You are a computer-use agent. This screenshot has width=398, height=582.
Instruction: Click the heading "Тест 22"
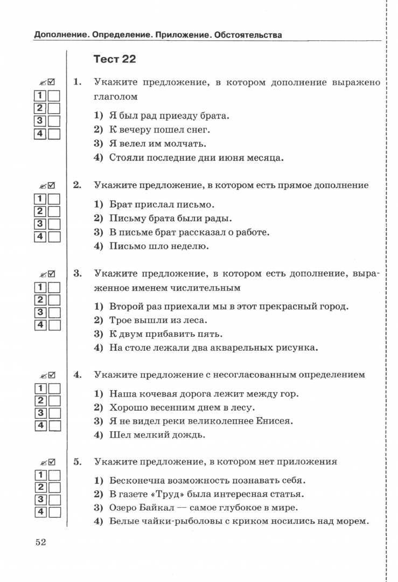115,59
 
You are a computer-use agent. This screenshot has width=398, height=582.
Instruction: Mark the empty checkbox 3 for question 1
54,121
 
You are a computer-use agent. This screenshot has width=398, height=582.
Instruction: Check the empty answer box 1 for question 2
54,199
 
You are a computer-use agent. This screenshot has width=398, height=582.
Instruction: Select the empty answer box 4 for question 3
54,325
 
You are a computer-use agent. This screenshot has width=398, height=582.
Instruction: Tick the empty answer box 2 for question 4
54,400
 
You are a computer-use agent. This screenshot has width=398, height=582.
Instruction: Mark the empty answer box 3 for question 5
54,499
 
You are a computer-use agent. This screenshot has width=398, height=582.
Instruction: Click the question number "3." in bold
78,274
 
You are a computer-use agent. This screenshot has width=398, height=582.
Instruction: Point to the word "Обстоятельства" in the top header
248,36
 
